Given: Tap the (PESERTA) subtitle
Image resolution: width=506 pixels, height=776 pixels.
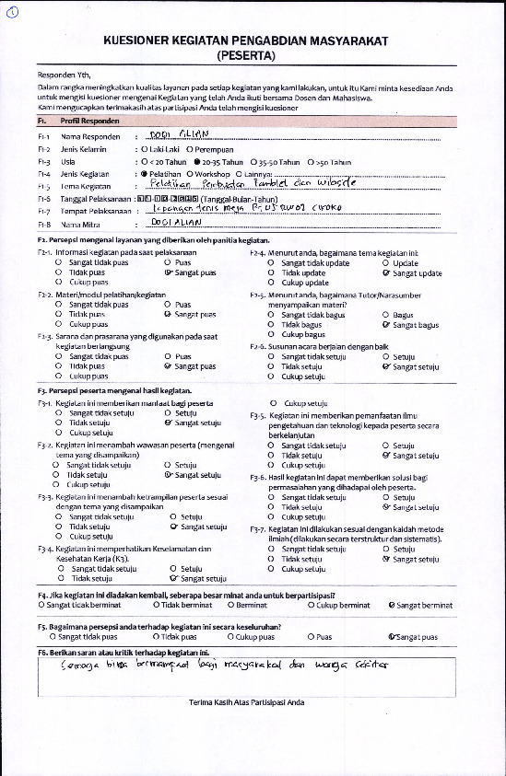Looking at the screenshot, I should coord(253,56).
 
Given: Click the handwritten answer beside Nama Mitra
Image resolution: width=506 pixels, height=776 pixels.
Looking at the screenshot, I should coord(174,223).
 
